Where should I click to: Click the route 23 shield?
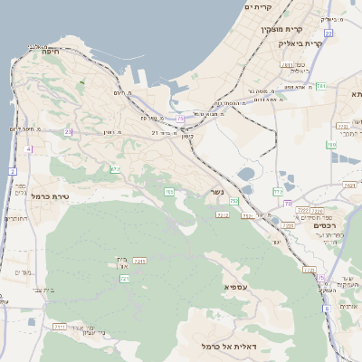pyautogui.click(x=68, y=132)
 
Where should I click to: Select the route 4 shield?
pyautogui.click(x=29, y=148)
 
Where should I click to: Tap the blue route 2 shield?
pyautogui.click(x=12, y=171)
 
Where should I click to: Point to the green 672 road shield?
pyautogui.click(x=115, y=169)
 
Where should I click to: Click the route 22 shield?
pyautogui.click(x=329, y=33)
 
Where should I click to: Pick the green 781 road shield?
pyautogui.click(x=320, y=86)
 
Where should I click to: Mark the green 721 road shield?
pyautogui.click(x=123, y=279)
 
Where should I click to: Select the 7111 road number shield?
pyautogui.click(x=60, y=326)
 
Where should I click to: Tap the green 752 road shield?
pyautogui.click(x=233, y=201)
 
